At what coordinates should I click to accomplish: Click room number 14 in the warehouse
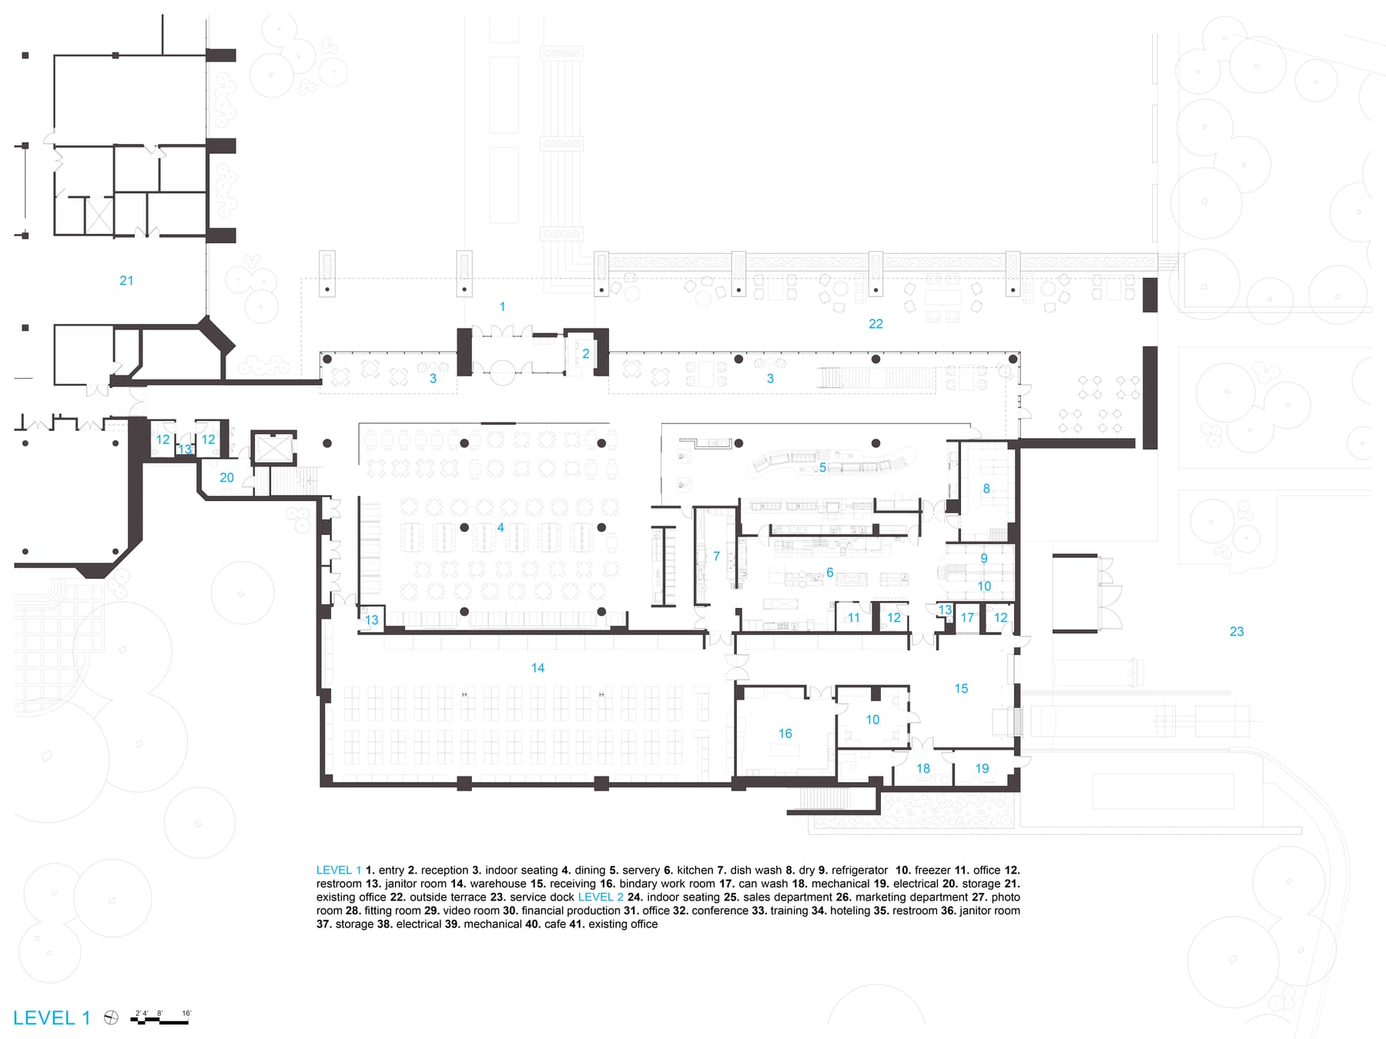(x=537, y=668)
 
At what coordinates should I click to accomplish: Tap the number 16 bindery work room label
(x=785, y=733)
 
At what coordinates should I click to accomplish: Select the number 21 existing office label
(x=126, y=281)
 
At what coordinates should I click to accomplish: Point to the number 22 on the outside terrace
(x=875, y=324)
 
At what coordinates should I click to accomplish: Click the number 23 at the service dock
(x=1236, y=632)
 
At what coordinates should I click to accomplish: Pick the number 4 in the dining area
(x=500, y=527)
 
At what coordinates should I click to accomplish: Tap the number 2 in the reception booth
(x=585, y=354)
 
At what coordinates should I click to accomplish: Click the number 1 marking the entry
(x=502, y=307)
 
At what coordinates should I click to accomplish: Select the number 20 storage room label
(x=226, y=478)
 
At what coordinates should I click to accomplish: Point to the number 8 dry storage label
(x=986, y=489)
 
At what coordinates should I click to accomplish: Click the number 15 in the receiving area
(x=961, y=689)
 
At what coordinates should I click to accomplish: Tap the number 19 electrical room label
(x=982, y=769)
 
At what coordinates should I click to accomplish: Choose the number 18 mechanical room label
(x=922, y=769)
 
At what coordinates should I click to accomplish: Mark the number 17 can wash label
(x=967, y=618)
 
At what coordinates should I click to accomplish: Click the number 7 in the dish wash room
(x=716, y=556)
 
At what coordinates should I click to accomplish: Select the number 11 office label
(x=853, y=618)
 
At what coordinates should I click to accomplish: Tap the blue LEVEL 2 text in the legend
(x=601, y=897)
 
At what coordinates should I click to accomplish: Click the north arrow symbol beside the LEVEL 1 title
(x=111, y=1018)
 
